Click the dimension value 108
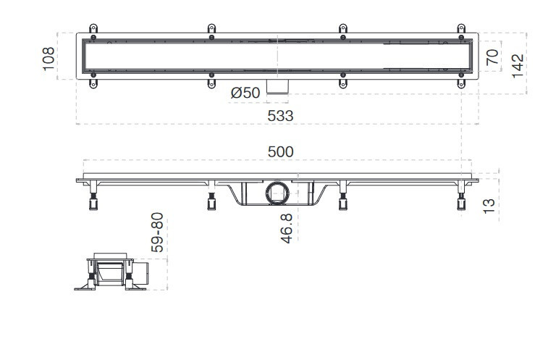(49, 59)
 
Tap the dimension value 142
(518, 66)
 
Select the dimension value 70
(492, 57)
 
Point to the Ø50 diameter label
(245, 93)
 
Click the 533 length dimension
(280, 116)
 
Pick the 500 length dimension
(280, 152)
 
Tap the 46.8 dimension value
(287, 228)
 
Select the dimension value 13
(489, 206)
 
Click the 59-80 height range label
(157, 233)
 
